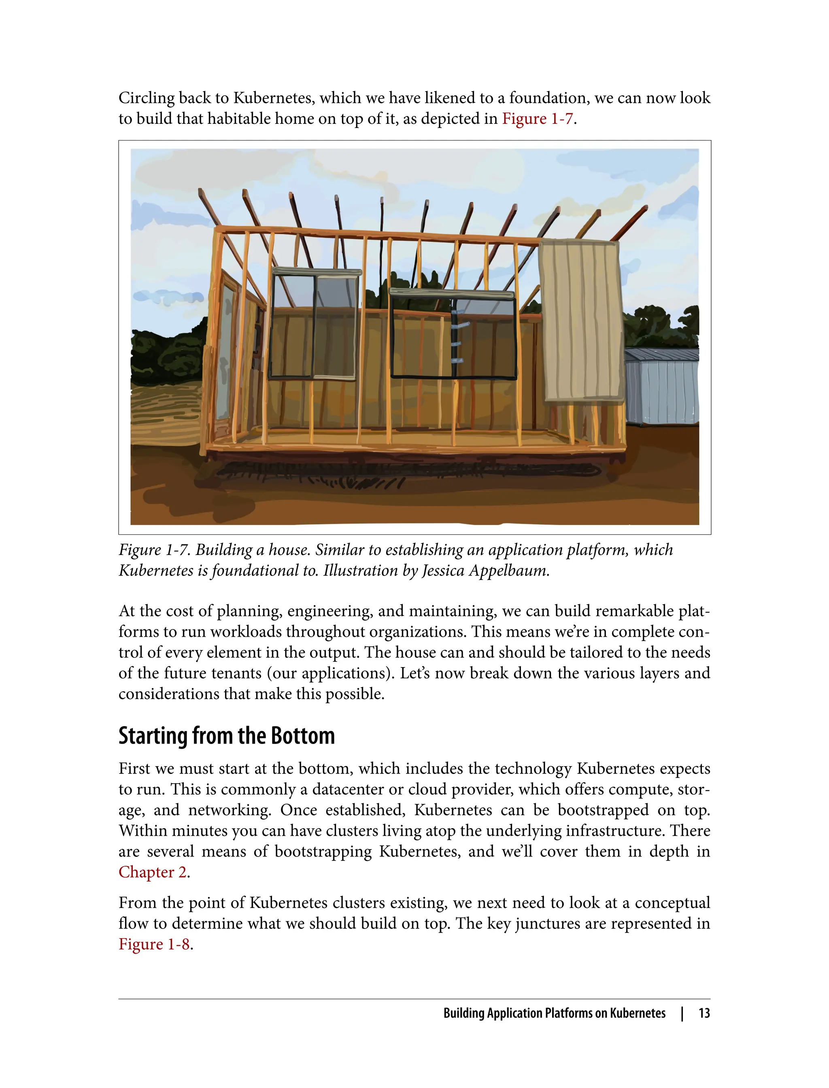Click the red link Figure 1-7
click(538, 119)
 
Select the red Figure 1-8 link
click(154, 944)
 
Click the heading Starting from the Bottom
click(227, 736)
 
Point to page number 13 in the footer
click(704, 1013)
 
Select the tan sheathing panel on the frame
click(581, 321)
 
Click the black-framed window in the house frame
click(453, 336)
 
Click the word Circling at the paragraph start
click(147, 98)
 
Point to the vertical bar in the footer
click(682, 1013)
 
